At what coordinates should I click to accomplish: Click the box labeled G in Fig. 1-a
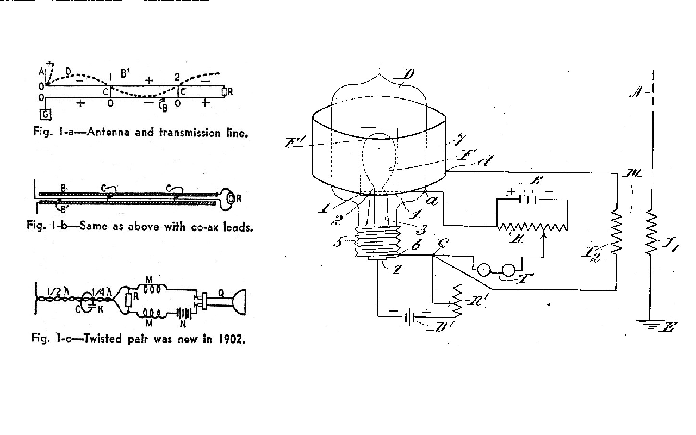[x=46, y=114]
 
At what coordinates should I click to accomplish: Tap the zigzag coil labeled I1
[x=651, y=234]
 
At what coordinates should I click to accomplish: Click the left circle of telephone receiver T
[x=483, y=269]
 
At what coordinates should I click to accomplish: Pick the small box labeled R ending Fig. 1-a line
[x=224, y=92]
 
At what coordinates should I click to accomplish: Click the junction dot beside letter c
[x=433, y=254]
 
